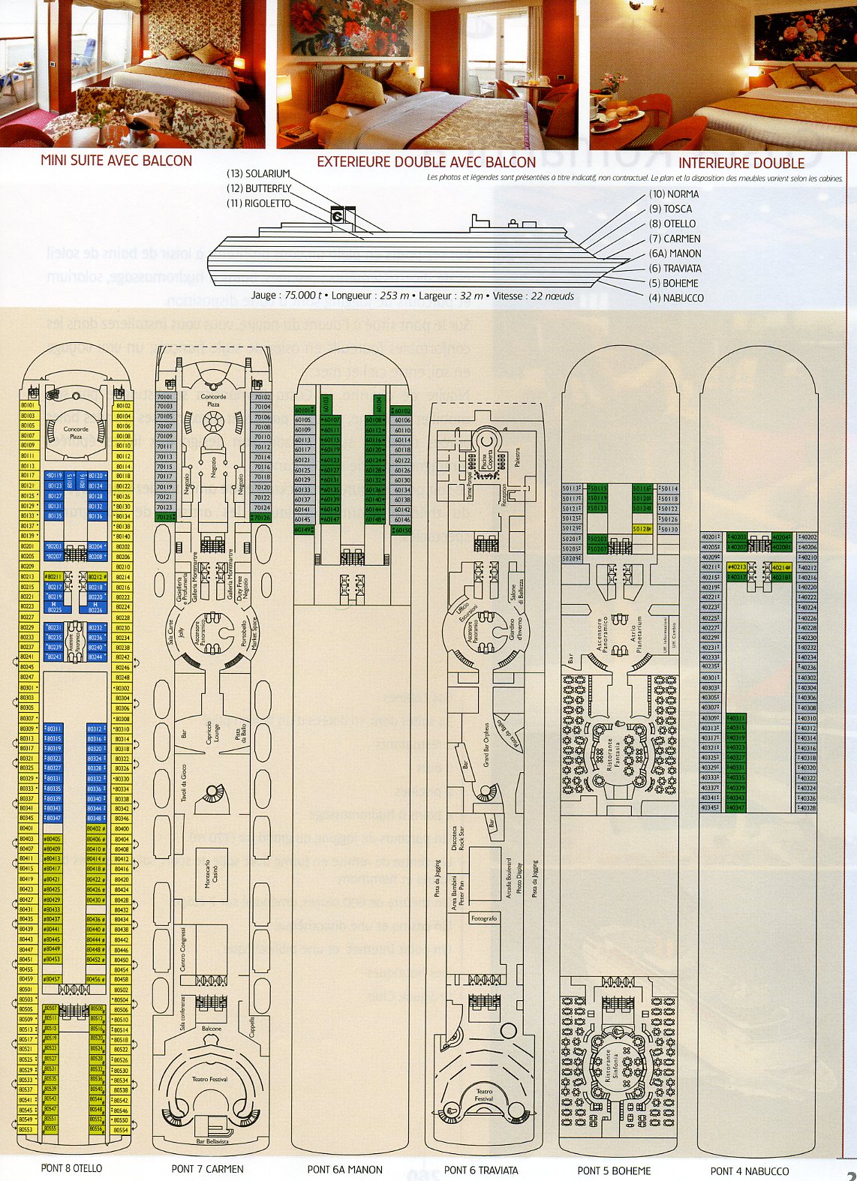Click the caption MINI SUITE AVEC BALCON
pos(116,161)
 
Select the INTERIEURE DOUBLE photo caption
pos(741,163)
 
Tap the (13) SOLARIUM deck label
pos(258,174)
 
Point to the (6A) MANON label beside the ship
pos(675,254)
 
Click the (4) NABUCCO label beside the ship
pos(676,298)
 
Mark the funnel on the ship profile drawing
pos(337,214)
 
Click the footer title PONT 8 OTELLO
pos(71,1168)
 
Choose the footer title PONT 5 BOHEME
pos(614,1170)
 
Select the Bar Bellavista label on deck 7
pos(212,1141)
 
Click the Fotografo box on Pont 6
pos(484,918)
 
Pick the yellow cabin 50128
pos(642,529)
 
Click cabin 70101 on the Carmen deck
pos(164,397)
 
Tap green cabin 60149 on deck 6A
pos(303,530)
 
